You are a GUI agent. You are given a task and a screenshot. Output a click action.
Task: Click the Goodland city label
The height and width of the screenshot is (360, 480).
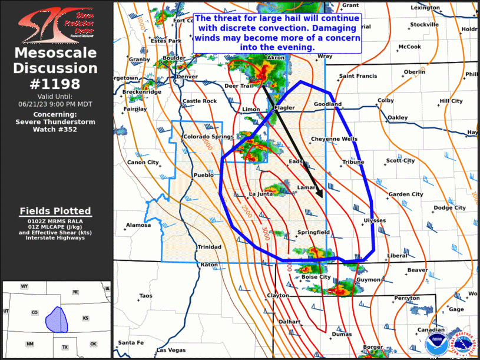[x=327, y=104]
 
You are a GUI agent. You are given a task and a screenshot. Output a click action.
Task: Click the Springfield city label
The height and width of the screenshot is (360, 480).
[x=313, y=232]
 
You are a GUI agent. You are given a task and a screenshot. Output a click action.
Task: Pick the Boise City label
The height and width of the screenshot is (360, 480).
[x=316, y=276]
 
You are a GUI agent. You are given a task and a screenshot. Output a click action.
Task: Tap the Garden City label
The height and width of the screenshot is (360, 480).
[x=406, y=194]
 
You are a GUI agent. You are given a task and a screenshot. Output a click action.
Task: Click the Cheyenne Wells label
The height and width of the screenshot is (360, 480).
[x=334, y=139]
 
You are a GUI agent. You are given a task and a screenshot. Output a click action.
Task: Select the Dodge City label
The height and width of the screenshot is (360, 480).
[x=449, y=207]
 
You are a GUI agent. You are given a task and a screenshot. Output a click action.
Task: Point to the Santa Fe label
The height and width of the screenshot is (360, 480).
[x=130, y=342]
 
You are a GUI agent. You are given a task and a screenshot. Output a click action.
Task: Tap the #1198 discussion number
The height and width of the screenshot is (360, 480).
[x=55, y=83]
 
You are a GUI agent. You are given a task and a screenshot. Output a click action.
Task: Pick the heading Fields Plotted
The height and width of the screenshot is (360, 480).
[x=55, y=211]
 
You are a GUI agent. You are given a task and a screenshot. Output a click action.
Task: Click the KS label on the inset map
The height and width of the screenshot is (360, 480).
[x=85, y=318]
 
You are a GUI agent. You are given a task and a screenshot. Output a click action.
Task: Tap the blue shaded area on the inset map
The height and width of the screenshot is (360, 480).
[x=56, y=319]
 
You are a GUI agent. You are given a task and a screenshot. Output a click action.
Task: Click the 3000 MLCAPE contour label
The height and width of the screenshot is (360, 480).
[x=265, y=230]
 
